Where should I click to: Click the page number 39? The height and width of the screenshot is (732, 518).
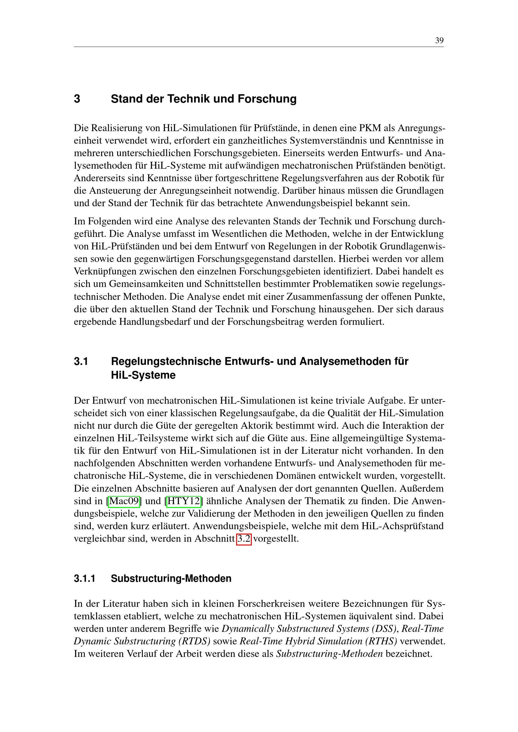pos(439,40)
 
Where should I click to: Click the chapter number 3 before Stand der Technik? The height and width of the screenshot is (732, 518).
pos(77,99)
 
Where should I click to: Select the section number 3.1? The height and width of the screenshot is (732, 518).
pos(81,361)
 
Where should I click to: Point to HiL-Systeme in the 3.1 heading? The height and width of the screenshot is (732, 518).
pos(143,375)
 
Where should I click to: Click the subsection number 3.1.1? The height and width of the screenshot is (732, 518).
pos(85,578)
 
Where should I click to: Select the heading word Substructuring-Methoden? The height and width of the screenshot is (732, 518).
pos(171,578)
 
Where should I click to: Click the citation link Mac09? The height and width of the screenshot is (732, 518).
pos(124,501)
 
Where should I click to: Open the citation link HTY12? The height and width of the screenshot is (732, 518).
pos(184,501)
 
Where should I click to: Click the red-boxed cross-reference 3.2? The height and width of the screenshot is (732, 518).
pos(244,539)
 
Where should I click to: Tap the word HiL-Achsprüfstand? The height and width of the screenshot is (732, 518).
pos(402,526)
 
